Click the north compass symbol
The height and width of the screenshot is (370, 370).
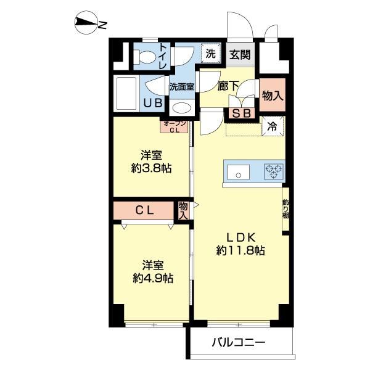[x=86, y=23]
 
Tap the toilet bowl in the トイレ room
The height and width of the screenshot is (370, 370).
[x=145, y=57]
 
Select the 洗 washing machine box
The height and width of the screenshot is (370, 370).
[x=211, y=53]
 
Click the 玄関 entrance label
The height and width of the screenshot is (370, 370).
[x=240, y=54]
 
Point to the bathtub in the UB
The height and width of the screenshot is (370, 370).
[x=126, y=94]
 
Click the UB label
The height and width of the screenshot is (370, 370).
[x=153, y=103]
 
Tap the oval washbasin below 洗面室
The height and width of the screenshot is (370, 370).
[x=182, y=109]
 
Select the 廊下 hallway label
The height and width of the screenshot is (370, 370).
[x=228, y=86]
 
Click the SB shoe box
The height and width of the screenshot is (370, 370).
[x=241, y=113]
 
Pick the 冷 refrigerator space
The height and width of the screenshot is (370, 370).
[x=273, y=126]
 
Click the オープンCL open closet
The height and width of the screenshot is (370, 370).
[x=175, y=126]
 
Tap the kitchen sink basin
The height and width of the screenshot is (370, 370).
[x=238, y=172]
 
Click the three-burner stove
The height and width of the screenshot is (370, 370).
[x=274, y=171]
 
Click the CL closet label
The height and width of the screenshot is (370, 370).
[x=145, y=210]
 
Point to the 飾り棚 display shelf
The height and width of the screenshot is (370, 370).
[x=286, y=208]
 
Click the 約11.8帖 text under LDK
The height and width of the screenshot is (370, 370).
[x=240, y=250]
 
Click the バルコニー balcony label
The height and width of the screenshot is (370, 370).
[x=239, y=342]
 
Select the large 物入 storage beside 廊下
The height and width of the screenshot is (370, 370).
[x=273, y=95]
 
